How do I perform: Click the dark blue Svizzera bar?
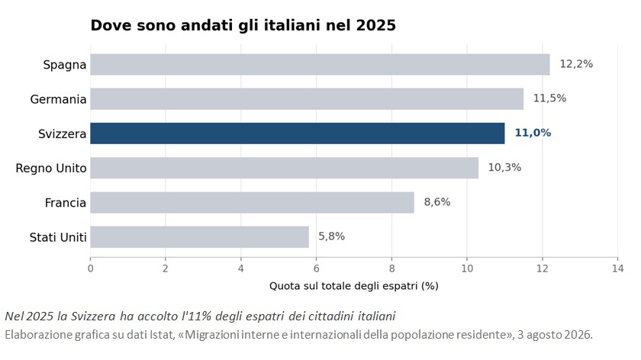(297, 133)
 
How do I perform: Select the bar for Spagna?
(320, 65)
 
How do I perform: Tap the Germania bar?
(307, 99)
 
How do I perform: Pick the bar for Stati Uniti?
(199, 237)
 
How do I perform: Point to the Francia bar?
(253, 202)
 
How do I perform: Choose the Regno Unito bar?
(284, 168)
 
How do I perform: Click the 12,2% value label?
(576, 64)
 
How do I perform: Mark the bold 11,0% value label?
(533, 133)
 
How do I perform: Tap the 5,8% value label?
(331, 236)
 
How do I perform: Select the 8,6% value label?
(437, 202)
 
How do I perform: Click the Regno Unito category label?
(51, 169)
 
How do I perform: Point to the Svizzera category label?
(62, 133)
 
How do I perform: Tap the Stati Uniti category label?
(58, 237)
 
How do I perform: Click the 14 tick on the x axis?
(617, 268)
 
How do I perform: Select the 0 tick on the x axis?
(90, 268)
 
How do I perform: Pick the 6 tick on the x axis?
(317, 268)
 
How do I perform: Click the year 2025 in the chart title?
(376, 25)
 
